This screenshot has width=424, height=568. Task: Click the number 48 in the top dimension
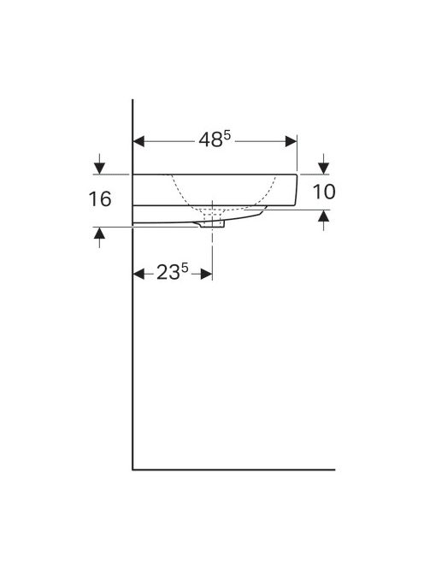(x=210, y=140)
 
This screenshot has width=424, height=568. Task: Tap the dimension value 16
(x=100, y=200)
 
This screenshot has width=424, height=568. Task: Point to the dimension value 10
(x=325, y=192)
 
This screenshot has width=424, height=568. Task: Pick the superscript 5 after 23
(x=185, y=268)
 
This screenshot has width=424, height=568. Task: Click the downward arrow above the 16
(x=101, y=165)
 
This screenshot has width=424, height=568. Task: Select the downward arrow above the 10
(x=325, y=165)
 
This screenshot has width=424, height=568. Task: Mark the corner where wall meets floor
(x=132, y=470)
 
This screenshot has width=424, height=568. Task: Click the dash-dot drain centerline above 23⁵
(x=213, y=248)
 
